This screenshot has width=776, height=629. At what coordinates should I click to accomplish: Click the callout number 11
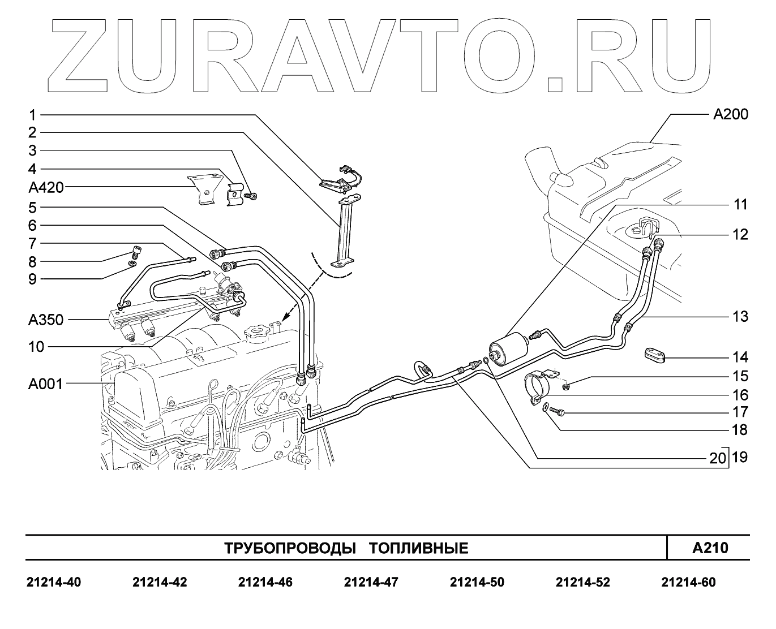point(741,205)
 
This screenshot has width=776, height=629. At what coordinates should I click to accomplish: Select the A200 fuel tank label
point(730,115)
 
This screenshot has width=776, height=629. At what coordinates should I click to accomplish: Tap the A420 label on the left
point(46,187)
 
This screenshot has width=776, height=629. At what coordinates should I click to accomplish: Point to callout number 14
point(740,357)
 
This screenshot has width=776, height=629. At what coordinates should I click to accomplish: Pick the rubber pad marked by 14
point(654,355)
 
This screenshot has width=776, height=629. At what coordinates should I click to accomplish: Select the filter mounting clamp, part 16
point(539,387)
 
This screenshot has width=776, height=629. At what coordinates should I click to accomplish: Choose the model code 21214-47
point(371,582)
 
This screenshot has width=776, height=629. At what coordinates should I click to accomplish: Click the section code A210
point(710,548)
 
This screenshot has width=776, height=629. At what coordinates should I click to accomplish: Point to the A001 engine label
point(45,384)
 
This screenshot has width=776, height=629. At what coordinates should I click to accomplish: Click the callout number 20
point(717,458)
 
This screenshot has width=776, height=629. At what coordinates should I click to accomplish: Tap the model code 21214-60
point(688,582)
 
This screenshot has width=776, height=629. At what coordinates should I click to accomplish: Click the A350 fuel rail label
point(45,320)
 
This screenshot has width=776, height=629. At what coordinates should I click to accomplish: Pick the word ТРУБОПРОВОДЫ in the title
point(290,548)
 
